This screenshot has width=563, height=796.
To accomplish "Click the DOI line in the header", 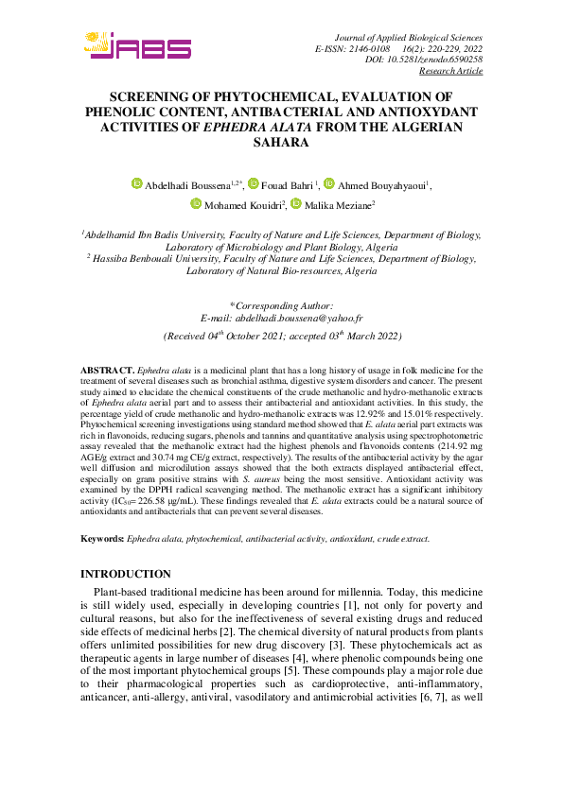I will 423,60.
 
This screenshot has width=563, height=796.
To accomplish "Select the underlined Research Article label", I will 450,71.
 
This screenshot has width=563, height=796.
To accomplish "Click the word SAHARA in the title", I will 281,143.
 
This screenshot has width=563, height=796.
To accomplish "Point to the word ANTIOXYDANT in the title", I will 430,112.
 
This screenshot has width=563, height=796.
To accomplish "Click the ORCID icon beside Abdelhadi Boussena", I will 136,183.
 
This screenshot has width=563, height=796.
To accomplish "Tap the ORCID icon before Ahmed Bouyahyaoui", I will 329,183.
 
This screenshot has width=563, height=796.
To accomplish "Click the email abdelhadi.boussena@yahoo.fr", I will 281,320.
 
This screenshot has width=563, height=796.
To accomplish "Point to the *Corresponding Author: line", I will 281,305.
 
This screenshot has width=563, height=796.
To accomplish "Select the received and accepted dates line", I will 281,337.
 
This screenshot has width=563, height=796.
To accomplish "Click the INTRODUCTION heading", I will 126,574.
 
